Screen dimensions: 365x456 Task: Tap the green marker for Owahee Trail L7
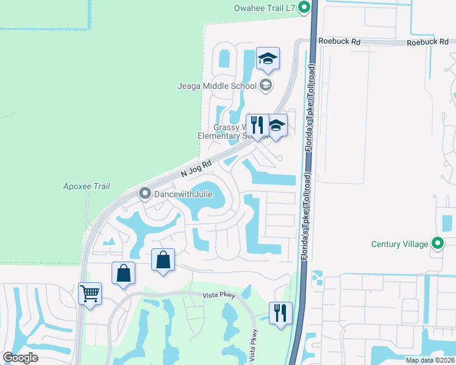[x=305, y=8]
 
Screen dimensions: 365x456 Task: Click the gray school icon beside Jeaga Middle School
[x=265, y=85]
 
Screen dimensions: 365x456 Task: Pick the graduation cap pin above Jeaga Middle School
[x=268, y=60]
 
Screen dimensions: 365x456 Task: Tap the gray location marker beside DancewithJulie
[x=145, y=194]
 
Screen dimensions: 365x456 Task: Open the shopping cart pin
[x=90, y=294]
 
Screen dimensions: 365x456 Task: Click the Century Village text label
[x=400, y=244]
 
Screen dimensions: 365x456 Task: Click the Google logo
[x=21, y=358]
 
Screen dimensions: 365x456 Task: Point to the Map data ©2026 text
[x=429, y=360]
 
